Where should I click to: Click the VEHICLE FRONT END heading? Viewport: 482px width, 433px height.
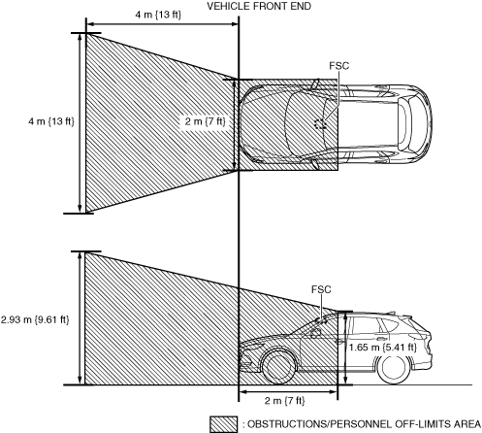(x=259, y=6)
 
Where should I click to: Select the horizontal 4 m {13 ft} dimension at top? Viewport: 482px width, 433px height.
(x=158, y=15)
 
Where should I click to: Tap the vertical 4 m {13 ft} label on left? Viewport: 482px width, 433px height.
(x=51, y=121)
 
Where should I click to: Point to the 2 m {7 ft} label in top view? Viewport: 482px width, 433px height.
(x=205, y=121)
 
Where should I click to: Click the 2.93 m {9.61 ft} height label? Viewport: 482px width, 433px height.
(x=35, y=319)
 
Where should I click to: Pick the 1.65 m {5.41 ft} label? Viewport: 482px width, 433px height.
(x=382, y=348)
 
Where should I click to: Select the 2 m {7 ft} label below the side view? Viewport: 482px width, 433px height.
(x=285, y=401)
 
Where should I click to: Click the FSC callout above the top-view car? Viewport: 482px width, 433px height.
(x=339, y=66)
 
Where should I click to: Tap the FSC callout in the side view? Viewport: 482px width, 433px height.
(x=321, y=289)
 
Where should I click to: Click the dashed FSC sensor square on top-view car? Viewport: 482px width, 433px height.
(x=320, y=123)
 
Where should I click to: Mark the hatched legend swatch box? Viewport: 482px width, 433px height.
(x=223, y=424)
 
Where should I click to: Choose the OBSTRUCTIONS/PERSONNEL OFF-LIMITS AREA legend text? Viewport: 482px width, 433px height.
(x=364, y=424)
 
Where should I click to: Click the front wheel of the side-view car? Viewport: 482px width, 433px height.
(x=279, y=367)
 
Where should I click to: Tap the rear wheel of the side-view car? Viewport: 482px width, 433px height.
(x=394, y=368)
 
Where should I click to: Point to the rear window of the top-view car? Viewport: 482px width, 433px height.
(x=403, y=124)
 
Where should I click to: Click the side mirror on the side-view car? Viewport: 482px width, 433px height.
(x=316, y=332)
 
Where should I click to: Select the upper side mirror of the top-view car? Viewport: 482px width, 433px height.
(x=315, y=83)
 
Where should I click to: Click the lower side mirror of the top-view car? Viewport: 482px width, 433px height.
(x=314, y=164)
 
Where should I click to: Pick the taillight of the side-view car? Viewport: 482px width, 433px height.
(x=427, y=338)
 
